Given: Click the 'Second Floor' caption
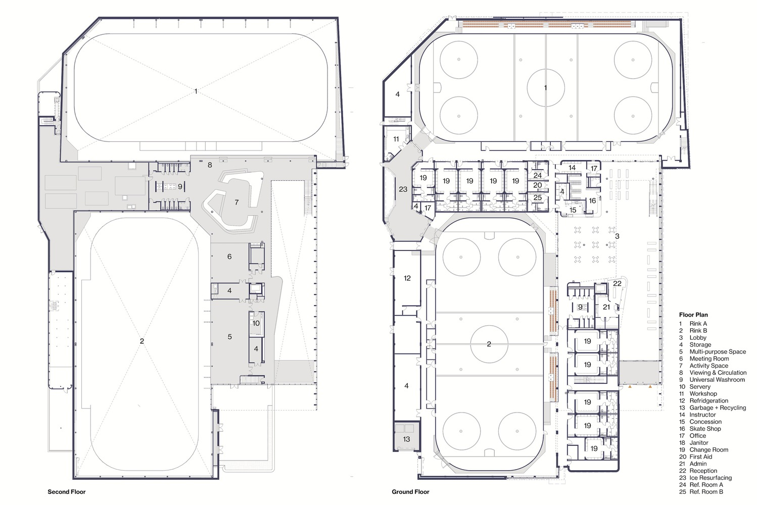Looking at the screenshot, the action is click(x=67, y=492).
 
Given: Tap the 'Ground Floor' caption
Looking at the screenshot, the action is click(x=411, y=492).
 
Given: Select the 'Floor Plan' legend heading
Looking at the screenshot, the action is click(x=693, y=315).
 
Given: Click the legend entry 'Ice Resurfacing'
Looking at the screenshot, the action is click(x=711, y=478).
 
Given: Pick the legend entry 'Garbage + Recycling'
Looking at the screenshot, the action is click(x=718, y=408).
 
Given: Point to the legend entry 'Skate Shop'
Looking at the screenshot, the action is click(x=705, y=429).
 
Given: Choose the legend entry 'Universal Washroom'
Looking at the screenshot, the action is click(x=717, y=380).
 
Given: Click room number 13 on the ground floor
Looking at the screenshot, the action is click(x=406, y=439).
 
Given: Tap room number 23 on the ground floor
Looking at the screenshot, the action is click(x=403, y=189).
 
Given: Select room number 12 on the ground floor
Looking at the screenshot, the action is click(x=407, y=278).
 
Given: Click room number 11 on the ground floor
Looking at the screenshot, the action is click(x=396, y=139).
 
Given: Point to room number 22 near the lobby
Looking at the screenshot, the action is click(x=617, y=283).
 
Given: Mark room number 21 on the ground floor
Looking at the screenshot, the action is click(x=606, y=307).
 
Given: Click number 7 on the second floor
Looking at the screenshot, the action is click(x=236, y=203).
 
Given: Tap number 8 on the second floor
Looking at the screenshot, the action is click(x=210, y=165).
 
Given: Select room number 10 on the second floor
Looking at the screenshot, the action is click(x=256, y=323).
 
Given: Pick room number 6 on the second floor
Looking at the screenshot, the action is click(x=229, y=257).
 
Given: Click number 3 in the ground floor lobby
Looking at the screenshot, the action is click(x=617, y=236).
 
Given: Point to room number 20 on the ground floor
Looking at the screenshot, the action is click(x=538, y=185).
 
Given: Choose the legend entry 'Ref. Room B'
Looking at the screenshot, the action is click(x=706, y=492).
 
